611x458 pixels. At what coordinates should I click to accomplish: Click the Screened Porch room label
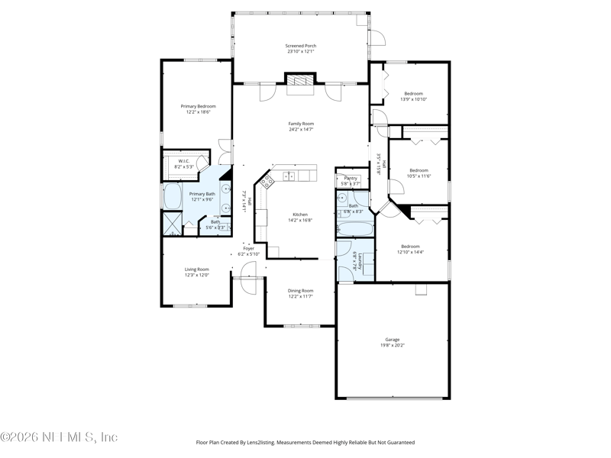(x=301, y=47)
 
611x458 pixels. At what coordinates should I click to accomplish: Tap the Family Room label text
(x=301, y=124)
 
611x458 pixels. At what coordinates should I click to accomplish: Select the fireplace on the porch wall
(x=301, y=82)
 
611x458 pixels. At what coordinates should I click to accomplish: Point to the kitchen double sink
(x=289, y=176)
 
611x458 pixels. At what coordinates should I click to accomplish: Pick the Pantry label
(x=351, y=178)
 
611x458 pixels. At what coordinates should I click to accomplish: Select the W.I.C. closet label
(x=184, y=161)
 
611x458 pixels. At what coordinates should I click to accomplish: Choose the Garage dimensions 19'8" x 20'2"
(x=392, y=345)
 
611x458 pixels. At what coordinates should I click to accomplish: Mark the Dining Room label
(x=300, y=290)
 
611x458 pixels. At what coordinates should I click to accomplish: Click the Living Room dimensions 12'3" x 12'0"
(x=196, y=275)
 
